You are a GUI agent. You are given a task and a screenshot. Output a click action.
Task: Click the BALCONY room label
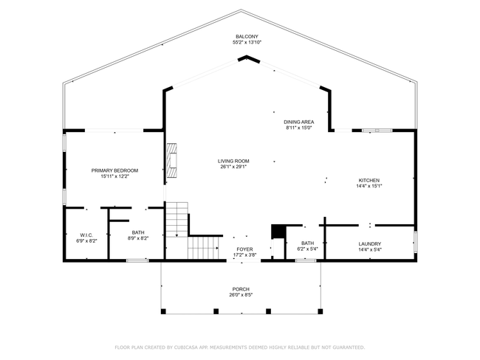point(247,37)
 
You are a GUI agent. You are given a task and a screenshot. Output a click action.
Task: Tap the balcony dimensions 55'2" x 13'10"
point(247,43)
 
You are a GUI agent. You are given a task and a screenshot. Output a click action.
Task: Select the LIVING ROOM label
point(233,161)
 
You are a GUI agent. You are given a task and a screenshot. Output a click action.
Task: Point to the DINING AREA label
point(298,122)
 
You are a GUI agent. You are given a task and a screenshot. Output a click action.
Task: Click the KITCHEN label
point(369,181)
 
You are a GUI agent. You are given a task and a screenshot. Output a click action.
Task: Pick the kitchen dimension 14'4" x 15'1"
point(369,186)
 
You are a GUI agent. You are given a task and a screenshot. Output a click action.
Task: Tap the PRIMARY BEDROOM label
point(114,170)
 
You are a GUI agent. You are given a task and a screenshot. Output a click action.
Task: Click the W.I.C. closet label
point(86,235)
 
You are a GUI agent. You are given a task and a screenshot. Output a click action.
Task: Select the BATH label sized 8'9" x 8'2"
point(138,232)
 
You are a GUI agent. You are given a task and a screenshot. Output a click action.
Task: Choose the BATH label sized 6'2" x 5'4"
point(307,243)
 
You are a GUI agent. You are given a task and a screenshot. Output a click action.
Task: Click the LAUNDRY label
point(369,243)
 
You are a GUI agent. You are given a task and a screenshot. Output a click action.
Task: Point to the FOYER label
point(244,249)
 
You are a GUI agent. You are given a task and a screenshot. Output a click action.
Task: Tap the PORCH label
point(241,289)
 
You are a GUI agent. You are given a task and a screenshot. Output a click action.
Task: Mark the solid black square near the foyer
point(278,232)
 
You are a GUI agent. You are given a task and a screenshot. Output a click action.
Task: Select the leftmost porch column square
point(163,311)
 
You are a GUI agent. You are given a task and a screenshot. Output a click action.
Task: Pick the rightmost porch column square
point(320,311)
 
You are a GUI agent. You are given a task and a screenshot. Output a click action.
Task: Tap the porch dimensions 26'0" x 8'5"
point(241,295)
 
